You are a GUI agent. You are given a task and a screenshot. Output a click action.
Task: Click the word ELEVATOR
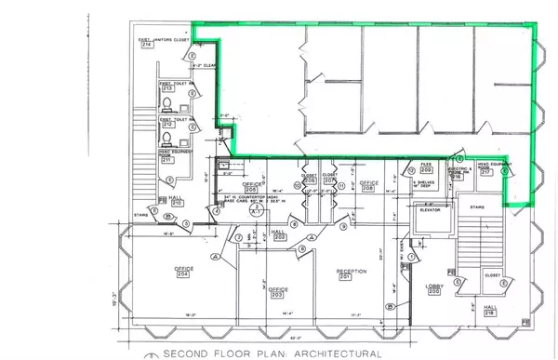point(429,211)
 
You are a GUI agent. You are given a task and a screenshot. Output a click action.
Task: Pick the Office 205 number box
point(227,175)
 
